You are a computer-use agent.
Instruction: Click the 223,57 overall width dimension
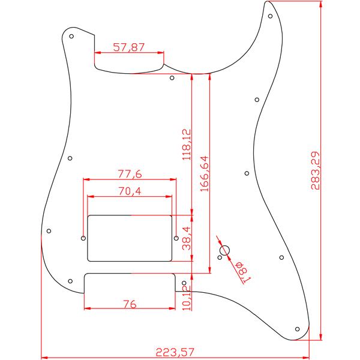coord(175,352)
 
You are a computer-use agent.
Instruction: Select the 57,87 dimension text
coord(129,47)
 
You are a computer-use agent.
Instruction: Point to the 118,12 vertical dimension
coord(187,145)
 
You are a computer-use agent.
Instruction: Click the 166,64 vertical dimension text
coord(205,174)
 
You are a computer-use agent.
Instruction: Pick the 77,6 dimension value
coord(130,174)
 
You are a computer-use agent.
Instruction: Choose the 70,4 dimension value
coord(130,191)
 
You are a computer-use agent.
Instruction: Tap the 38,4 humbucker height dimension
coord(187,238)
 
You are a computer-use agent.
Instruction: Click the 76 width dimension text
coord(130,304)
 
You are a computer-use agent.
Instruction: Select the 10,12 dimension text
coord(187,298)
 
